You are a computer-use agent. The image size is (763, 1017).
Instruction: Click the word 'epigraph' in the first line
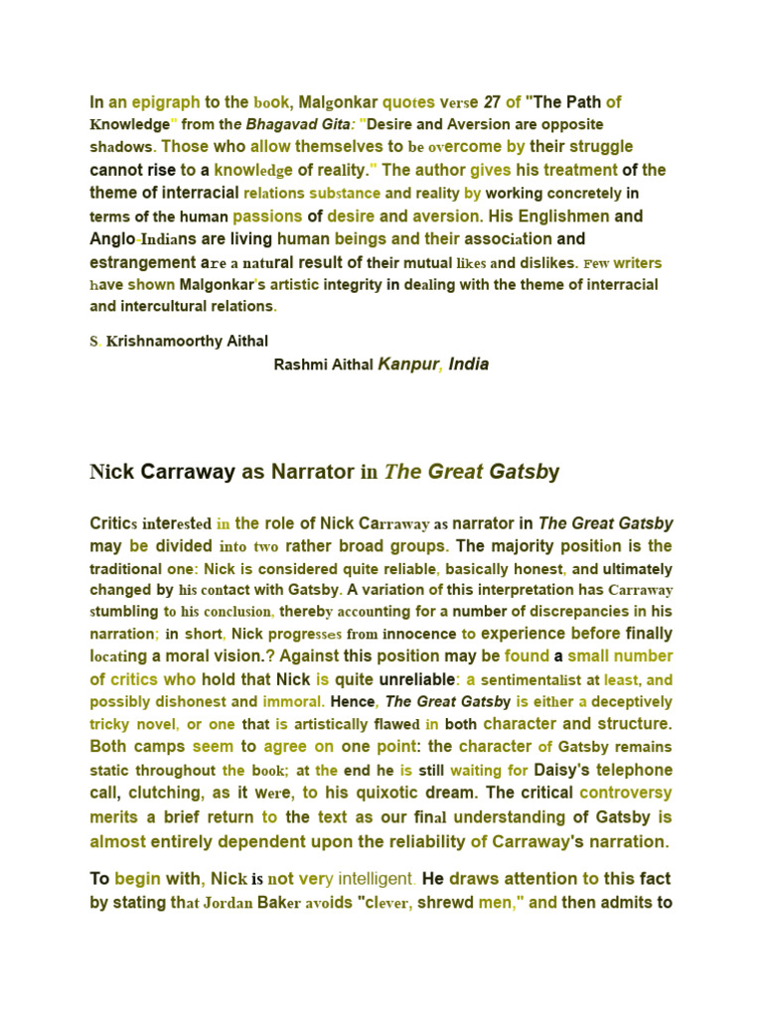pyautogui.click(x=166, y=102)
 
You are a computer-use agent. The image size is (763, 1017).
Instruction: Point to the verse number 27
pyautogui.click(x=491, y=102)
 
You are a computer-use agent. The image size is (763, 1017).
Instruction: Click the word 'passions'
pyautogui.click(x=267, y=216)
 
